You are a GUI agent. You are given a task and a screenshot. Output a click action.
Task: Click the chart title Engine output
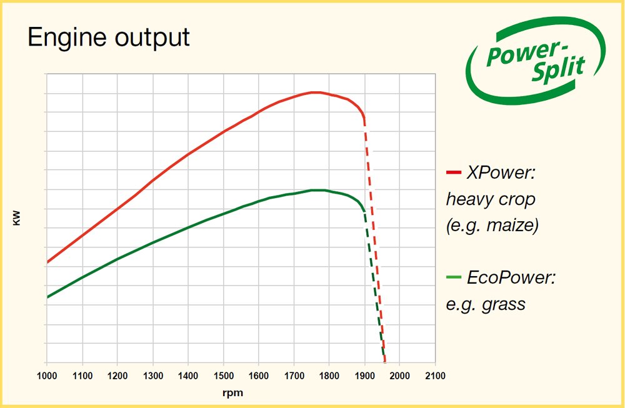click(108, 37)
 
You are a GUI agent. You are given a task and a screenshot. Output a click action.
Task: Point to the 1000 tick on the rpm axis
click(47, 376)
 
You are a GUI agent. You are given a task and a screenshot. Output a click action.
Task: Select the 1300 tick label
click(153, 376)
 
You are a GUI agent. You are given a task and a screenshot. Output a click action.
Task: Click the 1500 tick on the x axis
click(224, 376)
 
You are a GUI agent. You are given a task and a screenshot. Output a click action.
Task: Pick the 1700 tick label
click(294, 376)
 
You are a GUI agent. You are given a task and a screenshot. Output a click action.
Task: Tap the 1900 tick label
click(365, 376)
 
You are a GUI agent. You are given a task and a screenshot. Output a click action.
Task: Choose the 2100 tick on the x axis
click(436, 376)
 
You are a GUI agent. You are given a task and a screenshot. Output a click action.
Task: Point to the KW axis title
click(17, 218)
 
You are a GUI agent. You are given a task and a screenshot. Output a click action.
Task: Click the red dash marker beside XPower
click(454, 172)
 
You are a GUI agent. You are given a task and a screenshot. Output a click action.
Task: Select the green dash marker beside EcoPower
click(454, 277)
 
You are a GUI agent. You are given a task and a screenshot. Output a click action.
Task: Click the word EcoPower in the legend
click(511, 277)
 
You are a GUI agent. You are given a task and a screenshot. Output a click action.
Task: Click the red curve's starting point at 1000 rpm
click(47, 262)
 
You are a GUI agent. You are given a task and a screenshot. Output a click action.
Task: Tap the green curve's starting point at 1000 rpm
click(47, 296)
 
